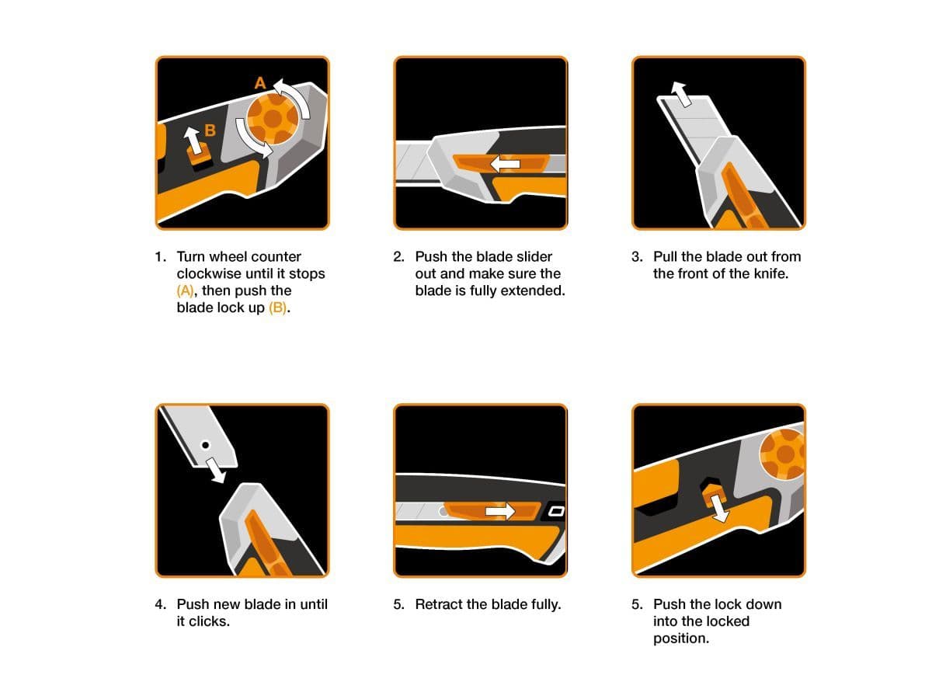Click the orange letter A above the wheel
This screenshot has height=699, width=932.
coord(260,83)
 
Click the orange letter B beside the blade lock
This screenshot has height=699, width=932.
coord(210,130)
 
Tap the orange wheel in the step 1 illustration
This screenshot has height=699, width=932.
coord(272,119)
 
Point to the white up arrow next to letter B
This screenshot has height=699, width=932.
coord(193,141)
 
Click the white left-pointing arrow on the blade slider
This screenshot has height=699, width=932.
coord(505,164)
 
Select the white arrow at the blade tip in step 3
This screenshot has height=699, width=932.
coord(681,94)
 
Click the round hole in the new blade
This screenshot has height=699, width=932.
coord(206,445)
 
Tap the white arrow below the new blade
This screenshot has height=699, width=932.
coord(216,470)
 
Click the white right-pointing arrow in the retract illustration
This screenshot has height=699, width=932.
coord(500,511)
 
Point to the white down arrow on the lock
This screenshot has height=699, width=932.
coord(719,508)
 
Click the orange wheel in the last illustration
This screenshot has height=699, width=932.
coord(782,454)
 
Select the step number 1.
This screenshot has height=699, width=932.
coord(160,257)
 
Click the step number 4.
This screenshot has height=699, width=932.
coord(160,604)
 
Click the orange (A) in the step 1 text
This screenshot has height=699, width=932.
coord(185,290)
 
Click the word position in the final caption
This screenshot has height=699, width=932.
coord(681,638)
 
